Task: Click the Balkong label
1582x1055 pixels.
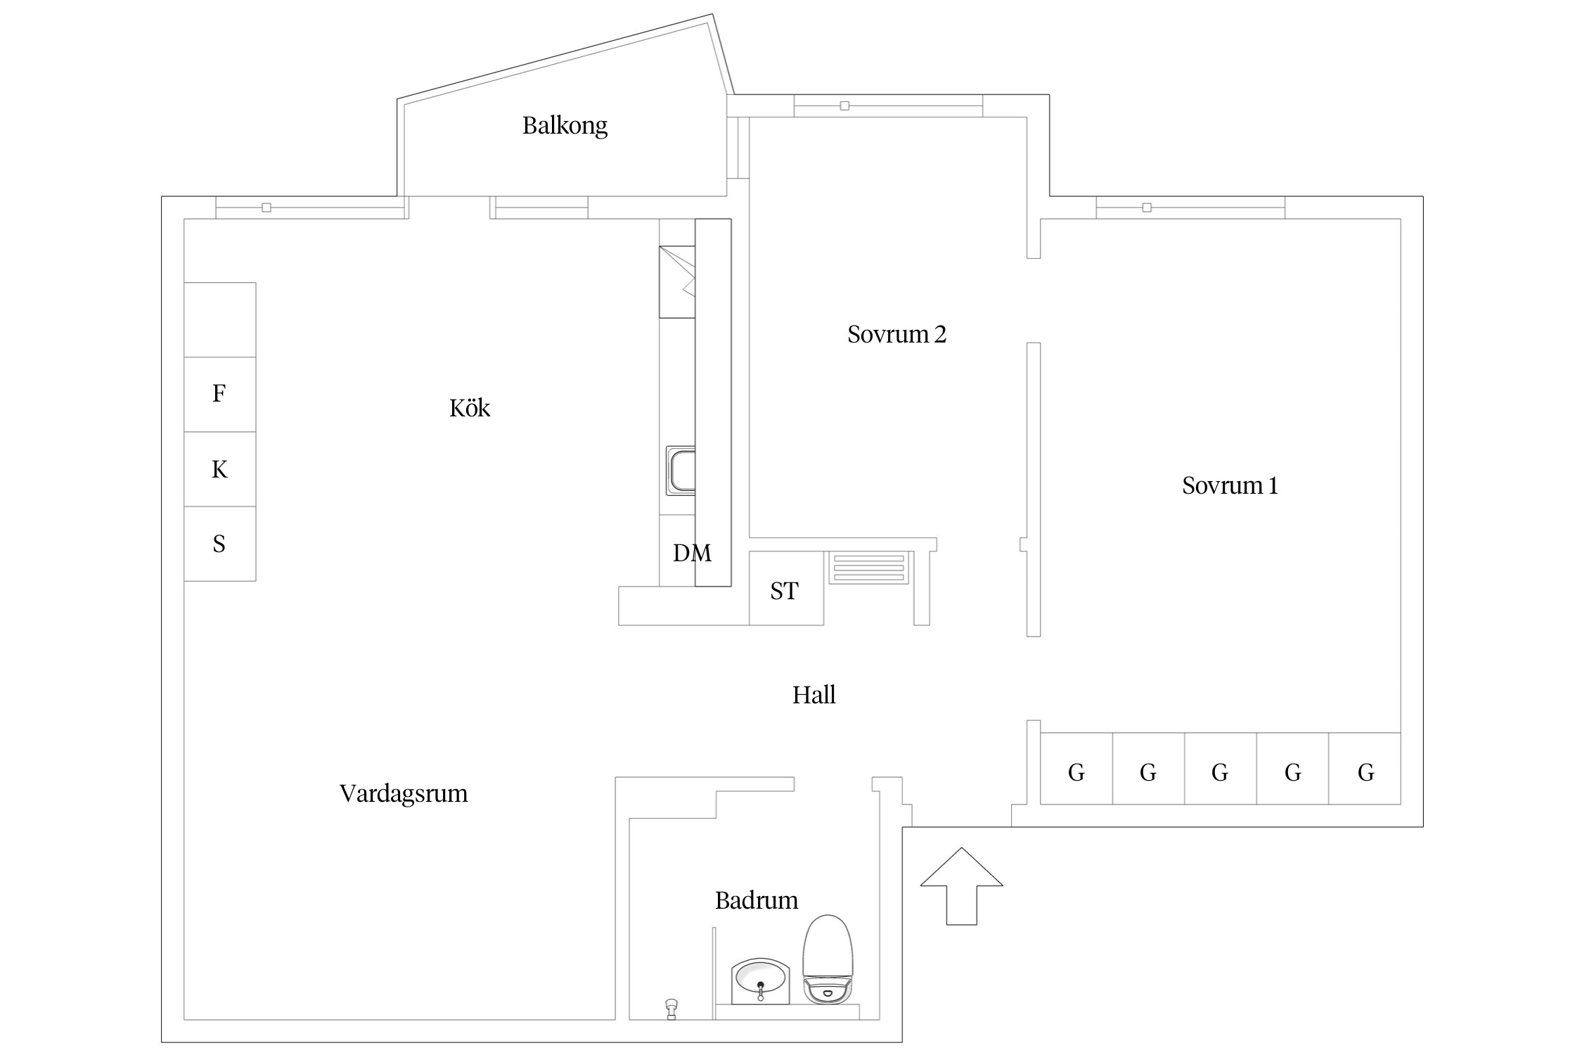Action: point(565,126)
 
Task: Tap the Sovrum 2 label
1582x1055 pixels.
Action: point(896,334)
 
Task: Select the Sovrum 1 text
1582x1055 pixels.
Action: point(1230,485)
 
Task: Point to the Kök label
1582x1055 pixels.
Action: point(470,408)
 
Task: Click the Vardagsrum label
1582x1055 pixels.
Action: point(404,793)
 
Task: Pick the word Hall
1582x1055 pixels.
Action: point(813,695)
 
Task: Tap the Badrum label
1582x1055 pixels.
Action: point(757,900)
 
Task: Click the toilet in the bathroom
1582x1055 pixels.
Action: point(828,960)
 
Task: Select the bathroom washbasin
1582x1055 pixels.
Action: point(761,980)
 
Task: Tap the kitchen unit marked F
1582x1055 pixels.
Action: point(219,394)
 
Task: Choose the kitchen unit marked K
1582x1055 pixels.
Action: point(219,469)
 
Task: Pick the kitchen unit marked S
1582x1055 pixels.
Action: point(219,544)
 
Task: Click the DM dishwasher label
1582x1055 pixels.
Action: point(692,554)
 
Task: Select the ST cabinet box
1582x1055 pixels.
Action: point(785,589)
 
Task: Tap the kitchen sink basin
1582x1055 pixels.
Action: point(681,471)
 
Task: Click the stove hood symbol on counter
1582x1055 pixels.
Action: point(677,281)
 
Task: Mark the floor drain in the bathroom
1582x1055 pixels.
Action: point(671,1009)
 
